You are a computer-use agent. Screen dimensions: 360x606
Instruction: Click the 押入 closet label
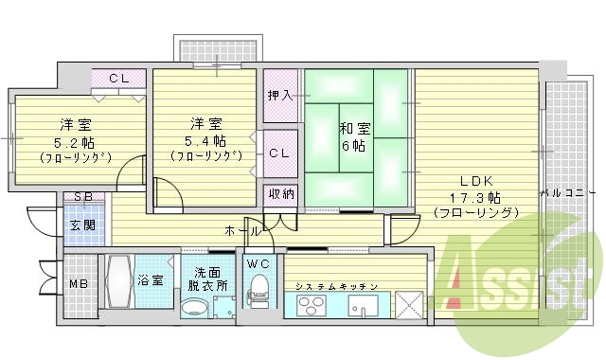278,95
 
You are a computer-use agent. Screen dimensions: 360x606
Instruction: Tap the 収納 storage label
280,194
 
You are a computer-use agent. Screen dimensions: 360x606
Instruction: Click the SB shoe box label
83,198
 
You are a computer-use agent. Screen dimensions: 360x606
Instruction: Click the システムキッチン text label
336,285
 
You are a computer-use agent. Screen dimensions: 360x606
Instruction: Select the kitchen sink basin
365,307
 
